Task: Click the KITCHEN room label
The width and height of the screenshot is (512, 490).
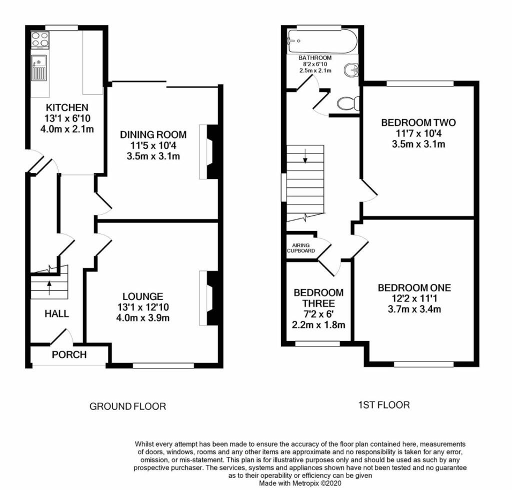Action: pos(67,107)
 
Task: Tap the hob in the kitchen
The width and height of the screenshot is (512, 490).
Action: pos(39,40)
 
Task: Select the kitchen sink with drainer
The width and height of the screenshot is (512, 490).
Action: pos(39,68)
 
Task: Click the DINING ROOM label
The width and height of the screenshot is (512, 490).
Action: pos(153,134)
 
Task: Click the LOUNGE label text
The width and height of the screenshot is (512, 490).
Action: pos(144,296)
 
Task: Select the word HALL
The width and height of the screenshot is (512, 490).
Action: pos(56,314)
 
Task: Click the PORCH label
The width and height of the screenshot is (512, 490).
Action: pos(69,355)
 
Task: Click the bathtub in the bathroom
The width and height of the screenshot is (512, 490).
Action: pos(322,41)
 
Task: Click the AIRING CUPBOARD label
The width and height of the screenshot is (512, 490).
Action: pos(301,247)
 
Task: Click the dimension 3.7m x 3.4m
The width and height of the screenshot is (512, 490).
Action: pos(414,309)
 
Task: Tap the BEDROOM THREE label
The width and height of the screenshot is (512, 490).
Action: pos(318,297)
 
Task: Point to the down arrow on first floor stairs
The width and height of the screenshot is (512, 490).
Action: pos(305,159)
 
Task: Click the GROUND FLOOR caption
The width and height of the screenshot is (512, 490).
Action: pos(127,406)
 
